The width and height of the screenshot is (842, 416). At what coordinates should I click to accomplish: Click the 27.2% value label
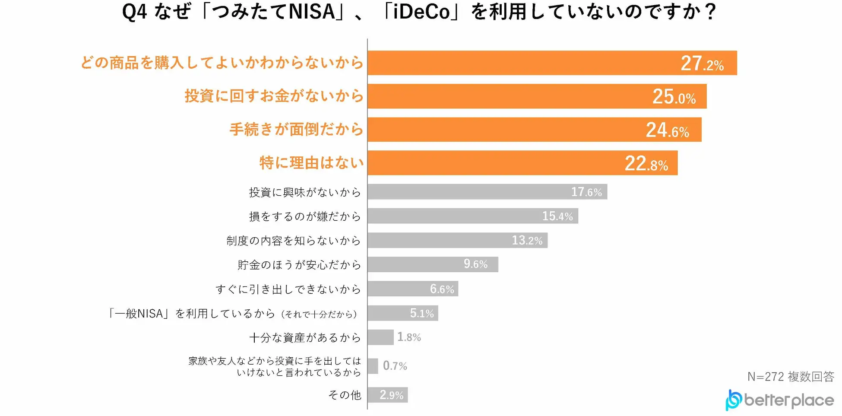point(702,64)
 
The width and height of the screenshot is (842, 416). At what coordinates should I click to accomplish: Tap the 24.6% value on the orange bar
point(667,130)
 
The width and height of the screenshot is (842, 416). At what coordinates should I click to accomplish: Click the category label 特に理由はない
point(311,163)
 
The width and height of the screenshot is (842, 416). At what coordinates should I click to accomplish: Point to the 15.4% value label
point(557,216)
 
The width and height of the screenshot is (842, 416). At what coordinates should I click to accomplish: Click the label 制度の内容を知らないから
point(294,241)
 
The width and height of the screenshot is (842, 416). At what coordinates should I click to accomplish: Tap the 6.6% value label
point(442,289)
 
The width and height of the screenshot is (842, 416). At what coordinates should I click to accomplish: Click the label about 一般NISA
point(233,314)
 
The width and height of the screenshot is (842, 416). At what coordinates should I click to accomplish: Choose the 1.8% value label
point(409,337)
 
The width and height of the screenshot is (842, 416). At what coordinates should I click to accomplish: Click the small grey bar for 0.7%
point(373,366)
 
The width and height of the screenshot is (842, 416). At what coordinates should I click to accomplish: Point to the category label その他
point(345,395)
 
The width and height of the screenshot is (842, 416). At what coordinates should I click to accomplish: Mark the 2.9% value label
point(391,395)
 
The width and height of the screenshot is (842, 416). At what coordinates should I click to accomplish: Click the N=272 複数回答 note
point(791,377)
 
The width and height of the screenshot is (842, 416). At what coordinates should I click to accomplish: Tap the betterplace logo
point(779,400)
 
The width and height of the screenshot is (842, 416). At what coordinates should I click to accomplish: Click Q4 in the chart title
point(134,12)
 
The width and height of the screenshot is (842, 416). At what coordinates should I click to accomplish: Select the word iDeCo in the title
point(421,12)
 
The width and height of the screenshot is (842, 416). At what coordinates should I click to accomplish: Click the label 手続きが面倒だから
point(296,129)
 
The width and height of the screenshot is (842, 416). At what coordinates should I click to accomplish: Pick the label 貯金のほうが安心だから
point(299,265)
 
